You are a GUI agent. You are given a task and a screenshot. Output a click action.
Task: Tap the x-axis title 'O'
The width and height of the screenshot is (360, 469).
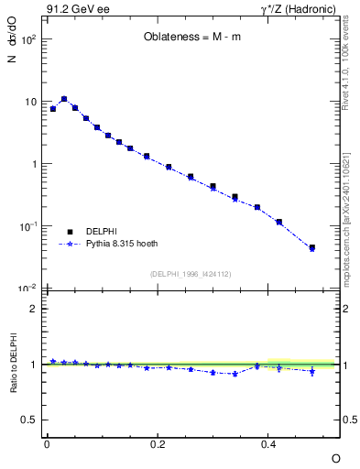click(335, 457)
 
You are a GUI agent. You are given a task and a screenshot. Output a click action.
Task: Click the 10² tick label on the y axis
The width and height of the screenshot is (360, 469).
click(28, 40)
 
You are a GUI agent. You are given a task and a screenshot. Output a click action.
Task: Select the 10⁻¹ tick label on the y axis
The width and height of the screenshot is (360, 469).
click(28, 226)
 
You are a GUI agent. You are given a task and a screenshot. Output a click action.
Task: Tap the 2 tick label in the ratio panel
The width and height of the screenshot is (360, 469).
click(32, 309)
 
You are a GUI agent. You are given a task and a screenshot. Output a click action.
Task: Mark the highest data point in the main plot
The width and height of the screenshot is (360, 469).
click(64, 99)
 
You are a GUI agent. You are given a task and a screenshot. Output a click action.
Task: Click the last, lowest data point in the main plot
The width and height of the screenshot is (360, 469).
click(312, 247)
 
